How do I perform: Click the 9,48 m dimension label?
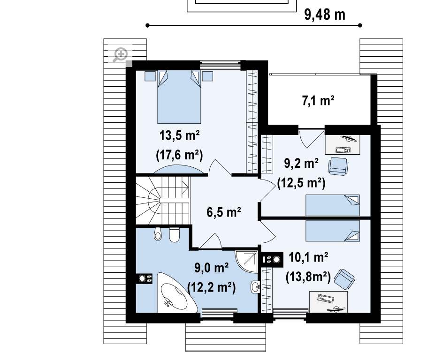[325, 15]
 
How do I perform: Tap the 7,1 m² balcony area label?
[318, 100]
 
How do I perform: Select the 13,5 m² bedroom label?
[179, 135]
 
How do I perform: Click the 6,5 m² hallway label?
[223, 212]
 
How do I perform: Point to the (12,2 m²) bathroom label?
[211, 287]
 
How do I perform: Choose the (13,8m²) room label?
[308, 277]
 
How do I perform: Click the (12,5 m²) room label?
[301, 183]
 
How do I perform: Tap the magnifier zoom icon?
[121, 55]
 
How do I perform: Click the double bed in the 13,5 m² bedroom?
[179, 97]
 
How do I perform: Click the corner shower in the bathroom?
[246, 262]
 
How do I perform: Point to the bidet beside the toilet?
[158, 234]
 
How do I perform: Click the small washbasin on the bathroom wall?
[255, 286]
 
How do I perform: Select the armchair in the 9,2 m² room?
[338, 166]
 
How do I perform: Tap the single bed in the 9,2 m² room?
[333, 205]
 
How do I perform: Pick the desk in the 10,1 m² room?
[328, 302]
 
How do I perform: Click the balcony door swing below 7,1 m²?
[311, 138]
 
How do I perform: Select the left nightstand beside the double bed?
[150, 76]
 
